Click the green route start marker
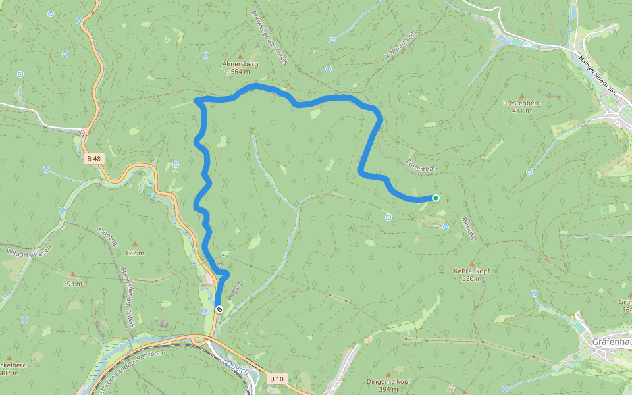click(436, 197)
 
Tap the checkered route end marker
click(219, 309)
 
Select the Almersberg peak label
click(240, 64)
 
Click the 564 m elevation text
click(240, 72)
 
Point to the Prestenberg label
click(521, 103)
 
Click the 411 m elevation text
click(521, 111)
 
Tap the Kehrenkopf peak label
click(472, 271)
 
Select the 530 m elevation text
click(472, 278)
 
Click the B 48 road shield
click(93, 158)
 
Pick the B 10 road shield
click(277, 379)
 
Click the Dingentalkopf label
click(388, 381)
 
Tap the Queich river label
click(237, 365)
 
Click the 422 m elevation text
click(134, 253)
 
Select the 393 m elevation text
click(72, 284)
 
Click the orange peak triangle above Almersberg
click(240, 56)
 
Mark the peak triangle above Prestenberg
click(522, 95)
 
